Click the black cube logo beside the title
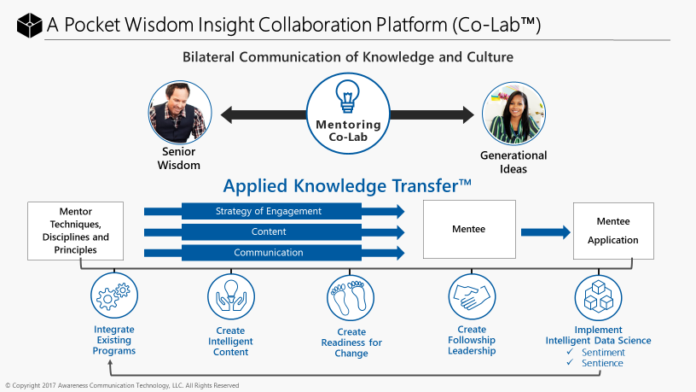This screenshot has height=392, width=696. tap(29, 25)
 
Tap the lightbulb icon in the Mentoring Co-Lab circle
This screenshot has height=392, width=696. tap(347, 96)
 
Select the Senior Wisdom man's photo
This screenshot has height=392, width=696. tap(180, 113)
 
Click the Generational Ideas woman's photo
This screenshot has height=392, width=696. tap(513, 114)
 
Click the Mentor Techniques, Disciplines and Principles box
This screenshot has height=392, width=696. tap(75, 231)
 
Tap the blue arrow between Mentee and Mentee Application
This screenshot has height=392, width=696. tap(546, 232)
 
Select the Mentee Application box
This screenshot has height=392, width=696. tap(613, 231)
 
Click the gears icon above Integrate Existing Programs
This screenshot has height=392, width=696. tap(114, 295)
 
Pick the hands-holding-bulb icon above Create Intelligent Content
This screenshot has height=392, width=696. tap(231, 297)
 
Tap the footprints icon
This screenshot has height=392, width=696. tap(351, 297)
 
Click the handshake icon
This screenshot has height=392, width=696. tap(472, 296)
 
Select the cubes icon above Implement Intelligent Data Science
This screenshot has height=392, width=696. tap(599, 297)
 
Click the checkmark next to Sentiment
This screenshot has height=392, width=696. tap(570, 352)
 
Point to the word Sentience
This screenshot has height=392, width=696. tap(602, 363)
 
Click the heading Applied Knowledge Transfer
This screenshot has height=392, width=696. tap(347, 186)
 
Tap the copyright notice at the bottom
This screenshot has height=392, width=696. tap(122, 385)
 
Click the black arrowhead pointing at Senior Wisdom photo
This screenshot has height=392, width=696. tap(226, 114)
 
